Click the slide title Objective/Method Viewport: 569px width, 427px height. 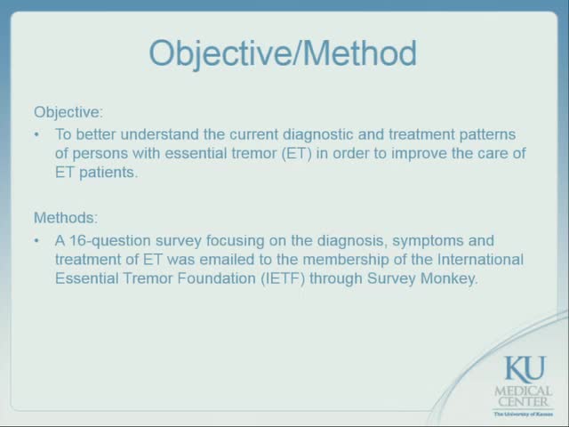click(283, 53)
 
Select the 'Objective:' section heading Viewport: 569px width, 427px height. click(68, 113)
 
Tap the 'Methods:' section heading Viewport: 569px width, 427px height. click(67, 217)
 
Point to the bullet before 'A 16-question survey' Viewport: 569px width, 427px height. click(36, 241)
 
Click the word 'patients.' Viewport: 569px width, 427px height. click(108, 173)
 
